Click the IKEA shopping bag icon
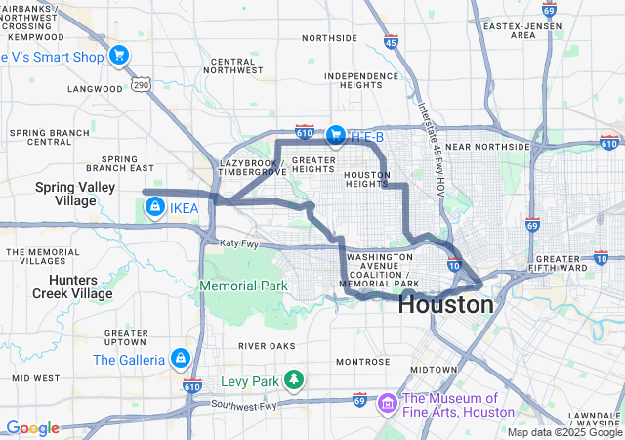click(x=154, y=207)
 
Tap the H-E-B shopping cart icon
click(x=334, y=135)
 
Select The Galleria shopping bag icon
click(x=180, y=360)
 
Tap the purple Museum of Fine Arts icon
click(x=387, y=403)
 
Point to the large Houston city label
click(x=445, y=305)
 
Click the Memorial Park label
click(x=244, y=286)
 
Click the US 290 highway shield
click(x=143, y=86)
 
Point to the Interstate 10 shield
click(x=454, y=265)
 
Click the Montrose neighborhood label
click(x=363, y=362)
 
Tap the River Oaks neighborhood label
click(x=266, y=346)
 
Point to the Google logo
click(x=32, y=428)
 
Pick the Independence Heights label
click(x=361, y=81)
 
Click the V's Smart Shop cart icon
click(x=119, y=55)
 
